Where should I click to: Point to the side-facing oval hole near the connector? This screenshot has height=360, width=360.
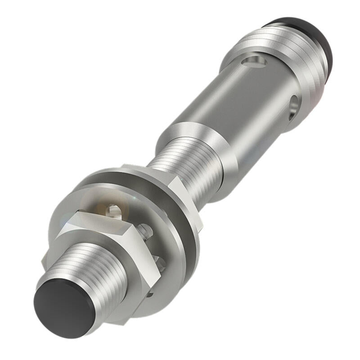pos(293,104)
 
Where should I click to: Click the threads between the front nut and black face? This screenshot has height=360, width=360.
pos(81,270)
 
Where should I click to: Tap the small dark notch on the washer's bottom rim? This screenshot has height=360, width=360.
pos(150,295)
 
